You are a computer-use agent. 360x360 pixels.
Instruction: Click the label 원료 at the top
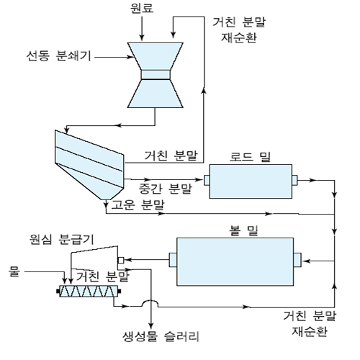142,8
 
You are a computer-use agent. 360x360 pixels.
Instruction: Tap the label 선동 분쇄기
58,56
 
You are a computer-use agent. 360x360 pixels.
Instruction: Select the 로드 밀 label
251,157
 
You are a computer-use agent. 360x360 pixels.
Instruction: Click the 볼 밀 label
243,230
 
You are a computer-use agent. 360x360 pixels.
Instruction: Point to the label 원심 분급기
61,239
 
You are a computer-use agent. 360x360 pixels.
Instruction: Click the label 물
14,271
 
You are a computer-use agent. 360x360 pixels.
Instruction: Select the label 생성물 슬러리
161,336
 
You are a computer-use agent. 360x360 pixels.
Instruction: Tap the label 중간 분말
166,189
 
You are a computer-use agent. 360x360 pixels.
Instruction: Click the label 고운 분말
138,204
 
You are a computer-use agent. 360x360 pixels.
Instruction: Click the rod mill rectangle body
251,181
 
